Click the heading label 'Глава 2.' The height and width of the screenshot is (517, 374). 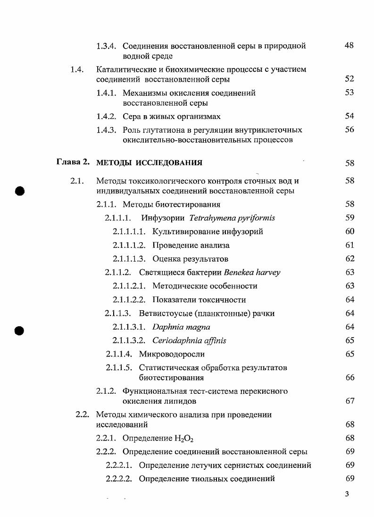click(73, 162)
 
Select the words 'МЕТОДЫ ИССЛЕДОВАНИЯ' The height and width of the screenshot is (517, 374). click(149, 163)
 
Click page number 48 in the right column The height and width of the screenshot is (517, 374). click(349, 46)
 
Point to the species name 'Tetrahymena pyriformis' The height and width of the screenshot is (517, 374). click(232, 218)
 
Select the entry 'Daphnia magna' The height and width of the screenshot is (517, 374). click(181, 327)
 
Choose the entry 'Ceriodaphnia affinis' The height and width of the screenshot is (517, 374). click(189, 340)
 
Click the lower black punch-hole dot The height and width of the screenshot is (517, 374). click(19, 330)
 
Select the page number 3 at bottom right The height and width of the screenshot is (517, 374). click(347, 494)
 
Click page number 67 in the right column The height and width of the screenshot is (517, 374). click(349, 401)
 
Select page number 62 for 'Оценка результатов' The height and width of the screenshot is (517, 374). click(349, 259)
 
